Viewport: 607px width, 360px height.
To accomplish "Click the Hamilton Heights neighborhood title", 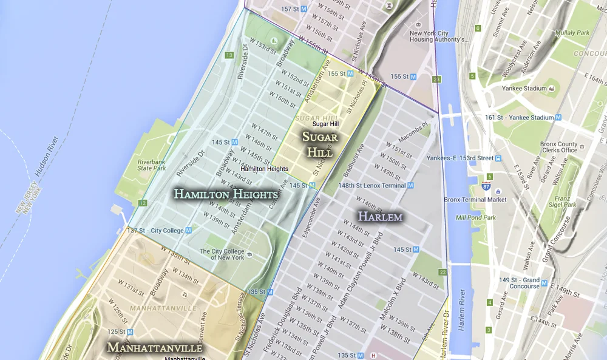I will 226,194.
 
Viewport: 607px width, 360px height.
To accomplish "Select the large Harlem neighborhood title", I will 380,216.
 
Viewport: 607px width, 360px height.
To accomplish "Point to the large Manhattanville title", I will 154,348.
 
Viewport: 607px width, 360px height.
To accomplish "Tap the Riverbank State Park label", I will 152,165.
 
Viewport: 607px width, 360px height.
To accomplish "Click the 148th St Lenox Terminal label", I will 372,185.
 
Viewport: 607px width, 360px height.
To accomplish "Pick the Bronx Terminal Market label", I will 475,199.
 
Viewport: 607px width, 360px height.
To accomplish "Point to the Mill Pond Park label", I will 476,217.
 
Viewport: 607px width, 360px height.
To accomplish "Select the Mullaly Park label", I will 573,33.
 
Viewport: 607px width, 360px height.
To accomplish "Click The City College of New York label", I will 222,254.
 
